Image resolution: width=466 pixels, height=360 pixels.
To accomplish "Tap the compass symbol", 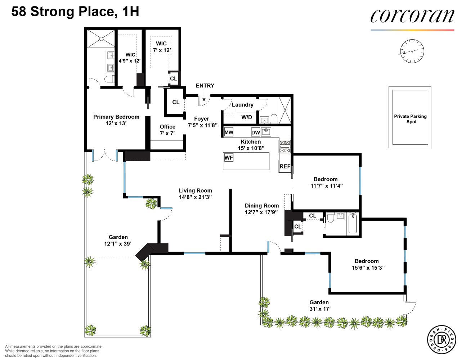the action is (x=412, y=51).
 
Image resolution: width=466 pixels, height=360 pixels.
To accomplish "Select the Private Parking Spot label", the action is (x=410, y=119).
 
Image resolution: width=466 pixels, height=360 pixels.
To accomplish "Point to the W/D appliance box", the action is (x=246, y=117).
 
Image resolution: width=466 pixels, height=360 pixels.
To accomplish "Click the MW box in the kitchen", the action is (x=229, y=132).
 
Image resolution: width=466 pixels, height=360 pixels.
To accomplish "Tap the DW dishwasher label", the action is (x=255, y=132).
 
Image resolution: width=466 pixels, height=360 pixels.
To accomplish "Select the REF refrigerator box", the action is (x=285, y=166).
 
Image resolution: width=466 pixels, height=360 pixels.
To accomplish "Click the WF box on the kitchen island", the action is (x=229, y=158).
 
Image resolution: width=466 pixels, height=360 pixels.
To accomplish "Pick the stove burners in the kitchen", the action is (x=284, y=147).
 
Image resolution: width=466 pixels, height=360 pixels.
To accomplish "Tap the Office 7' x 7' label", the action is (x=167, y=130).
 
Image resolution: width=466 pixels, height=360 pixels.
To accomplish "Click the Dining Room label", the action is (x=262, y=206).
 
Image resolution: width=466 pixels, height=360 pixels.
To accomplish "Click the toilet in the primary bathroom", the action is (x=109, y=79).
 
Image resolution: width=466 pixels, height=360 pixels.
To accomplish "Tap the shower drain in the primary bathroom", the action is (x=101, y=39).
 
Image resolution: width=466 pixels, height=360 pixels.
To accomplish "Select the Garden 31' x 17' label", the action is (x=319, y=306).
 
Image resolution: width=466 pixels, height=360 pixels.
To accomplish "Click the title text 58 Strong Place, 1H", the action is (x=75, y=12).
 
